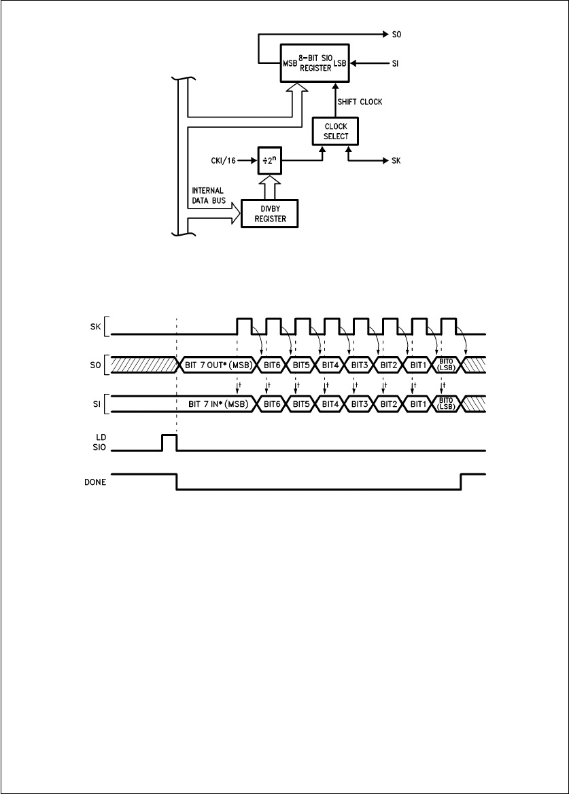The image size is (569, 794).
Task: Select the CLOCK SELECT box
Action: (x=336, y=131)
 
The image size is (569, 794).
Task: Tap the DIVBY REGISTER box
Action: (x=270, y=215)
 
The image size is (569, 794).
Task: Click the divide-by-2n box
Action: (x=268, y=162)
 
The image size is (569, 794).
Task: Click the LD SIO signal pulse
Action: (x=169, y=443)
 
